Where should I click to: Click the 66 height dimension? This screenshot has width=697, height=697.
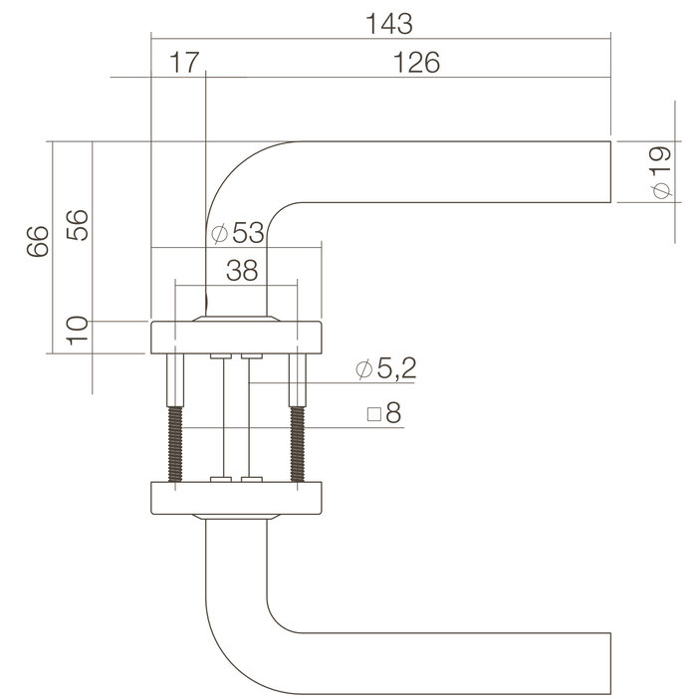[x=37, y=242]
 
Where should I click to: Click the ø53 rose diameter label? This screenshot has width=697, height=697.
[x=239, y=234]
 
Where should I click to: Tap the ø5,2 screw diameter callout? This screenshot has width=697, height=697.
[x=384, y=370]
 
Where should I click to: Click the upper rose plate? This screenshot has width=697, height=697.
[x=236, y=337]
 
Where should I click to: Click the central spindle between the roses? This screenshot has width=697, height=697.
[x=236, y=418]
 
